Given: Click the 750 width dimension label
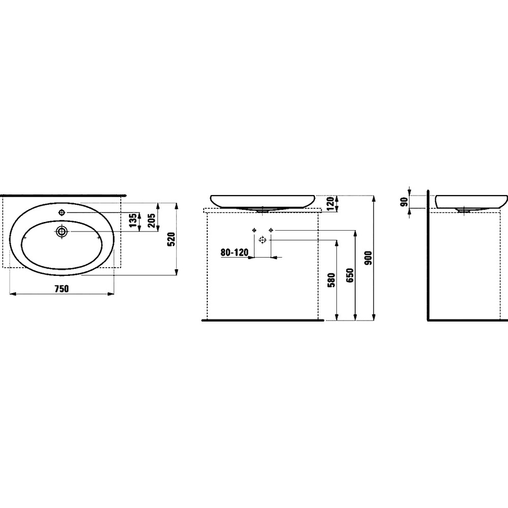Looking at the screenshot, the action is pos(61,288).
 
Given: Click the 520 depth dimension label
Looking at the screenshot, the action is pos(172,239).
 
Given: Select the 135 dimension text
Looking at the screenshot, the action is pos(133,220).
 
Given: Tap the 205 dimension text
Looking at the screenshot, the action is pos(151,220).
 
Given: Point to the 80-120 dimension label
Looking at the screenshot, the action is pos(235,252).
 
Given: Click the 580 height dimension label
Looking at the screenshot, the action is pos(331,280).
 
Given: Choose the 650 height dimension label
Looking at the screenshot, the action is pos(350,275).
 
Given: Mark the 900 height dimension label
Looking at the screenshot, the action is pos(369,258).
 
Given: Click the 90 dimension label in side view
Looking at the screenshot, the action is pos(404,202).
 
